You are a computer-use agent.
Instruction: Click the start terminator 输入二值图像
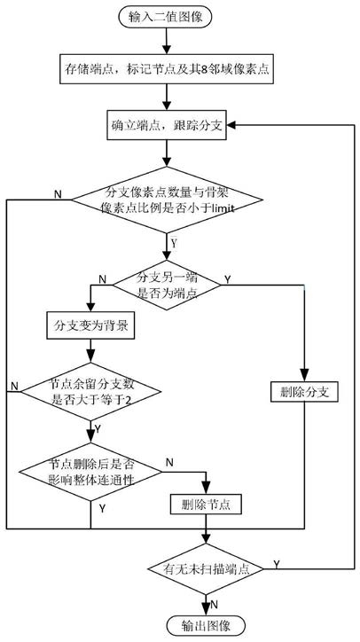pos(166,17)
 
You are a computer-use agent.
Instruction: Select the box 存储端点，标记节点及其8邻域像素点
pos(167,69)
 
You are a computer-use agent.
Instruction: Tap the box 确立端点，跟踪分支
pos(167,125)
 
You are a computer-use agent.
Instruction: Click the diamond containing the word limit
pos(167,200)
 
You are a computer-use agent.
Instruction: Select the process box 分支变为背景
pos(91,326)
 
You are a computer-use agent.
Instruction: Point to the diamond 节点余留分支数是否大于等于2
pos(90,392)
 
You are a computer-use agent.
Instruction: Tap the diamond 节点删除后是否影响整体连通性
pos(90,472)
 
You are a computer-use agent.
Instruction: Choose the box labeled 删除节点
pos(206,505)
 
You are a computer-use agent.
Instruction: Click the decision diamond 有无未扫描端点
pos(206,569)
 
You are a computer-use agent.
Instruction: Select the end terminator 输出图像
pos(206,626)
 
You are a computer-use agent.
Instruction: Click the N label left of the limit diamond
pos(58,194)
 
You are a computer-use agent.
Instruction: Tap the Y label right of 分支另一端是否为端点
pos(228,279)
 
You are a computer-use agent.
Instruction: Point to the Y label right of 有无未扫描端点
pos(277,565)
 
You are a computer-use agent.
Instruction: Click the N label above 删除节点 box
pos(169,463)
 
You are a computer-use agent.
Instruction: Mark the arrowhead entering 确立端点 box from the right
pos(231,125)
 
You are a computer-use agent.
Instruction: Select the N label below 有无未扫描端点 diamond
pos(214,605)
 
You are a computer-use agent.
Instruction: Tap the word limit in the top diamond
pos(223,208)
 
